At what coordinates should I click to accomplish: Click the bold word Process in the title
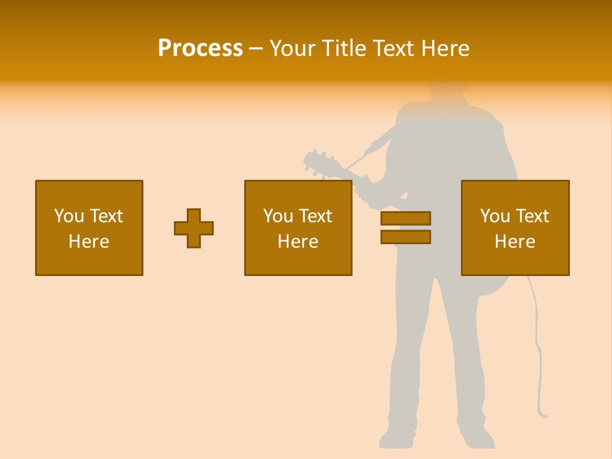click(200, 48)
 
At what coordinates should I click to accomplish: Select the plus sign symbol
click(194, 228)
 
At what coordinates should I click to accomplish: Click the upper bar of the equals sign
click(405, 218)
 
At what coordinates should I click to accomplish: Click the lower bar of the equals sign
click(405, 237)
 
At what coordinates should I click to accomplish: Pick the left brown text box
click(89, 228)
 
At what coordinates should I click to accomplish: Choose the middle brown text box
click(298, 228)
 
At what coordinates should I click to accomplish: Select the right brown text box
click(515, 228)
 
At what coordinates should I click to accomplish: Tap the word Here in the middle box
click(298, 242)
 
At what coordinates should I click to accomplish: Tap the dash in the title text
click(256, 48)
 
